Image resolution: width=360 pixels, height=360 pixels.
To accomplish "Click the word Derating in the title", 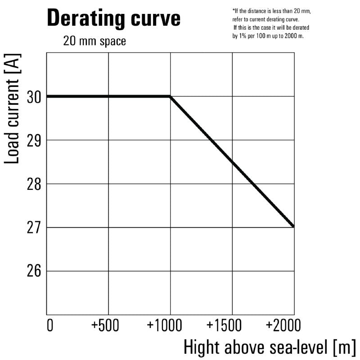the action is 86,18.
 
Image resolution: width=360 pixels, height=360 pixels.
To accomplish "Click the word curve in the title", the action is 156,18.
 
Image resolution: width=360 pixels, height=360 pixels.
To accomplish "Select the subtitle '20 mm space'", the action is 94,41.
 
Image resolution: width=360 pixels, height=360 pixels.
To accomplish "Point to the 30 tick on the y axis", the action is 34,97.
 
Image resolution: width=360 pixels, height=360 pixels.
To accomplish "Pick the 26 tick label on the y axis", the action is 34,271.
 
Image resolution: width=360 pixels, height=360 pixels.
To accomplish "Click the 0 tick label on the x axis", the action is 50,325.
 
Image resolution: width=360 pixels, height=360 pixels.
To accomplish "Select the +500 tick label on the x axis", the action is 105,325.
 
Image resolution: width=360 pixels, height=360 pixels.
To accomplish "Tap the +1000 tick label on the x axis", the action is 164,325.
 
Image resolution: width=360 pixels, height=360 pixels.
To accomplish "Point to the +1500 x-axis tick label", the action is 224,325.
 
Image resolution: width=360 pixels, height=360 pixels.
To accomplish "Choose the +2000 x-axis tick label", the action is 283,325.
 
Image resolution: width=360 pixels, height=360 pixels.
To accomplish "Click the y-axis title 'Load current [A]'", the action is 12,108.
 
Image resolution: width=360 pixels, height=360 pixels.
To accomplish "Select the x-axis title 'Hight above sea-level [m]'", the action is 270,348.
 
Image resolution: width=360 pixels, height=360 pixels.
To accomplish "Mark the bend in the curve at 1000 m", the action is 170,96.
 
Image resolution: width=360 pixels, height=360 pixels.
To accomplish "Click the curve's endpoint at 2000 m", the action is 294,227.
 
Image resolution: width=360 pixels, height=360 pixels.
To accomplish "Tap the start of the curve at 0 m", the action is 47,96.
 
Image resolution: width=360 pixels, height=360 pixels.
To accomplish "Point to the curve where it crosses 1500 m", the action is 232,162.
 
